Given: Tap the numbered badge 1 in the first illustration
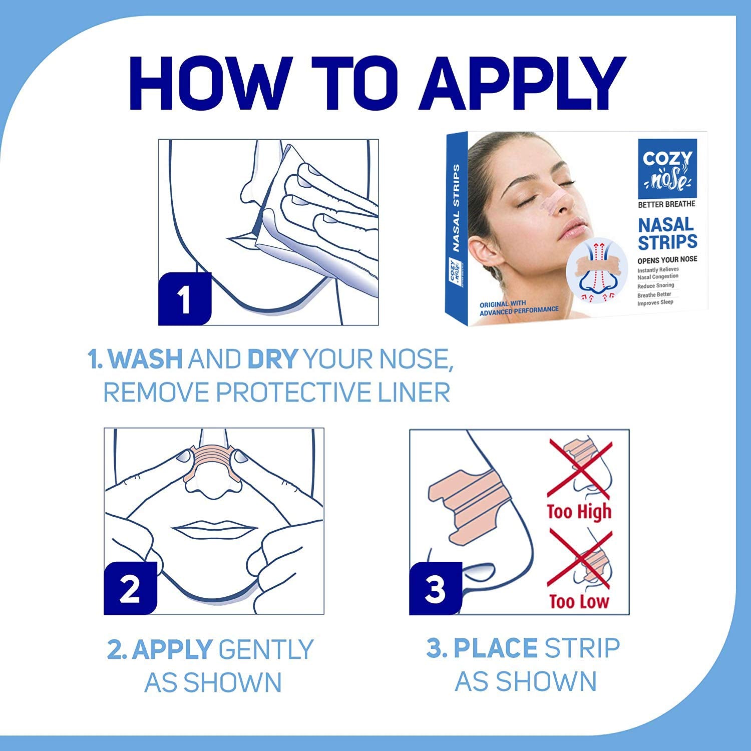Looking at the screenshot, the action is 185,299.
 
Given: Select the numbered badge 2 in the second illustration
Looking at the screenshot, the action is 130,588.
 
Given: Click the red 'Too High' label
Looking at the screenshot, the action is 579,512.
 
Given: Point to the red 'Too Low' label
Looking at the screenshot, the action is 579,601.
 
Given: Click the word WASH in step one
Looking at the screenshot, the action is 145,359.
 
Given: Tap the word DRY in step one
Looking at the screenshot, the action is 273,359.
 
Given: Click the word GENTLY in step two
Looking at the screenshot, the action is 266,649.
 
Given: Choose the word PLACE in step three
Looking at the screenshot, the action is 496,648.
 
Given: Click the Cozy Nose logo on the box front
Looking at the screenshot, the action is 667,169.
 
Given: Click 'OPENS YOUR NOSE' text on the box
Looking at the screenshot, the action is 667,260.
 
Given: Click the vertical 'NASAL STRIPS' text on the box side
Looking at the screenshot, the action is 456,207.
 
